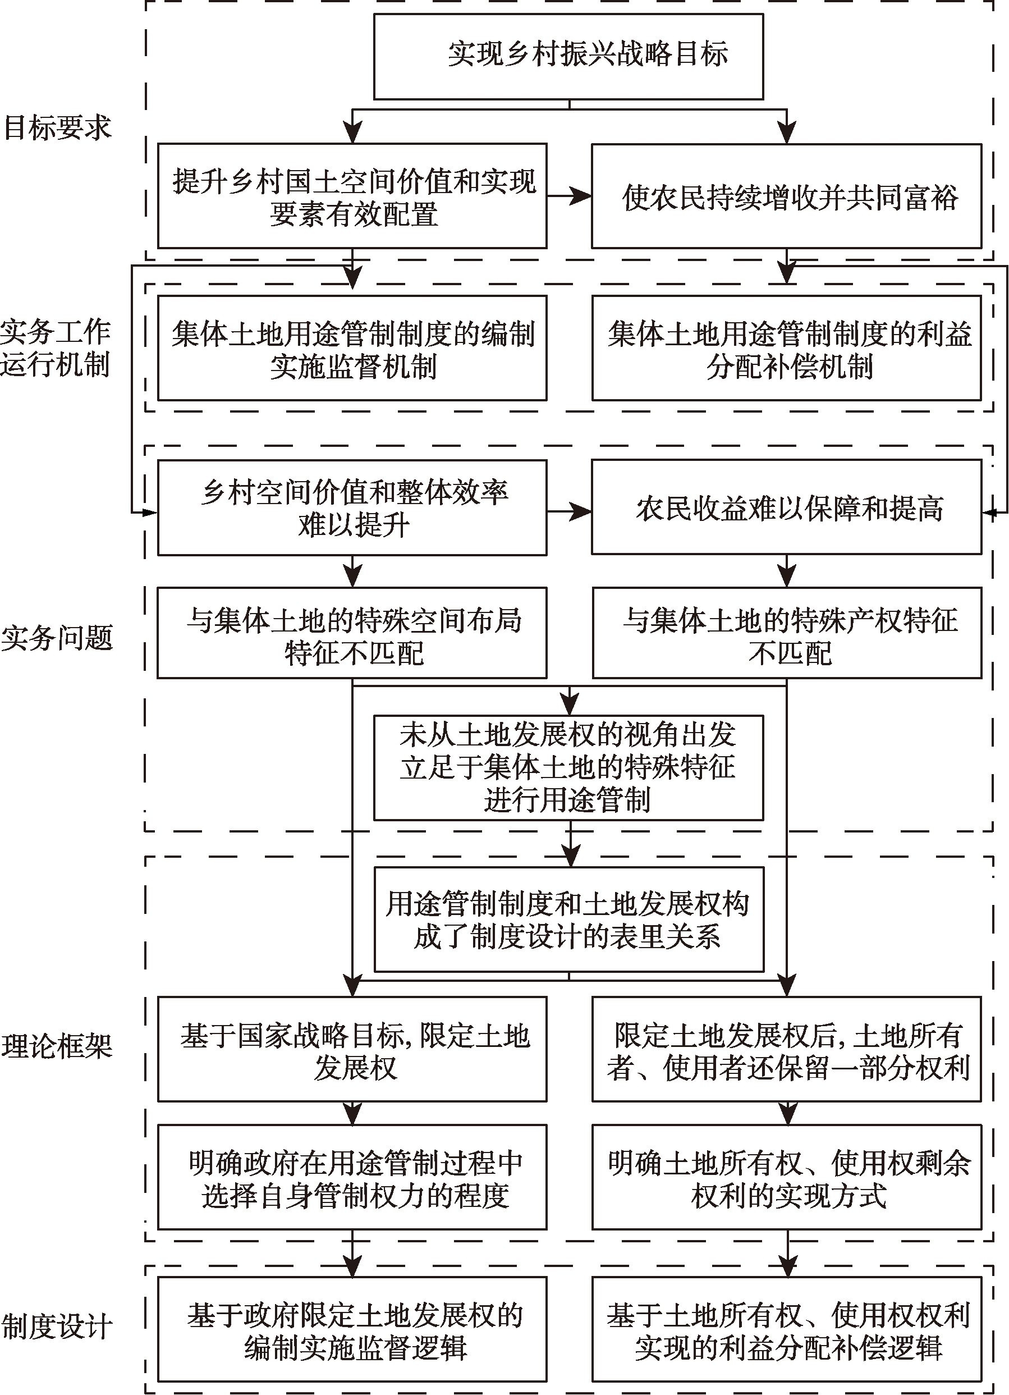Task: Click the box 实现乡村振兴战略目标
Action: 568,56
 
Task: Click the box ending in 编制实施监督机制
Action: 352,349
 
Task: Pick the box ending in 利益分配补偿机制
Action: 786,349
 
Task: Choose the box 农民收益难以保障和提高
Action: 786,508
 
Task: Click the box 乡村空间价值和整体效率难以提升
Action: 352,508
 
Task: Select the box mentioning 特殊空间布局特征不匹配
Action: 352,634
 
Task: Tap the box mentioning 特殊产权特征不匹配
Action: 786,634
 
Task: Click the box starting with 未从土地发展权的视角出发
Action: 568,767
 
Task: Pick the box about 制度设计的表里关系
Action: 568,920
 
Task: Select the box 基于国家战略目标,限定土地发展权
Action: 352,1050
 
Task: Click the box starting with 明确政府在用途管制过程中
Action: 352,1178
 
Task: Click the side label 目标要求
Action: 57,128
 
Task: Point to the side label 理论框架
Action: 57,1046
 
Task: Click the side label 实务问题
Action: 57,637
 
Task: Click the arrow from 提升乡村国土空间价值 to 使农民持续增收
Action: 568,197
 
